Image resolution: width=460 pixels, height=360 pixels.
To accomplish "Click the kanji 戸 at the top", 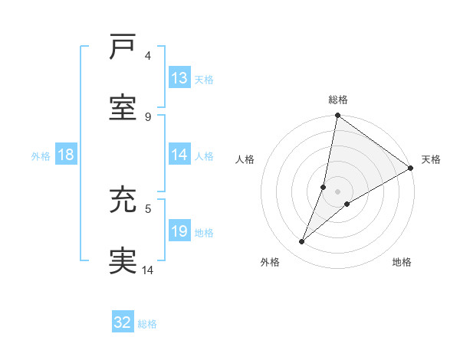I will (123, 47).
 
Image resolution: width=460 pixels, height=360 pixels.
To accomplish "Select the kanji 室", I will (123, 108).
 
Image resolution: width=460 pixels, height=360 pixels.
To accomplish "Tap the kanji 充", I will (123, 201).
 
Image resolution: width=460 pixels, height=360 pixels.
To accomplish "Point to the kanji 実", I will (123, 260).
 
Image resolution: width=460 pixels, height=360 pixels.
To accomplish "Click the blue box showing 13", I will (179, 78).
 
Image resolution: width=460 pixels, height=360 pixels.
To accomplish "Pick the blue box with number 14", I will (179, 155).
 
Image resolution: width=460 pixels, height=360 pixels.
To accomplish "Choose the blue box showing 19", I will (179, 232).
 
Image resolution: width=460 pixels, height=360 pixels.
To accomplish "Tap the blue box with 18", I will (66, 155).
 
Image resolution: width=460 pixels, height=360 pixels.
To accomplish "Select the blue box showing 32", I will (123, 322).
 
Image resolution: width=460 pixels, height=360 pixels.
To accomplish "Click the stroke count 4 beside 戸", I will (148, 55).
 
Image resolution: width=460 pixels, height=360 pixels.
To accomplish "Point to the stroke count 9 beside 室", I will (148, 116).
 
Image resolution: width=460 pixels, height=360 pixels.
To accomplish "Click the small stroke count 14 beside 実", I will (148, 270).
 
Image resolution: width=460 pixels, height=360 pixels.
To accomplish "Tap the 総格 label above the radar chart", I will (338, 100).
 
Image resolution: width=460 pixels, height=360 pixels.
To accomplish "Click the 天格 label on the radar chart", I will (431, 159).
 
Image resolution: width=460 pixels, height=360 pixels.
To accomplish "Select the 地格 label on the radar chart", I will (402, 262).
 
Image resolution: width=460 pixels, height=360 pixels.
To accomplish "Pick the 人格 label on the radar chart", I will (245, 159).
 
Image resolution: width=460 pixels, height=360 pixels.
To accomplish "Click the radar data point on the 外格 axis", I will (302, 242).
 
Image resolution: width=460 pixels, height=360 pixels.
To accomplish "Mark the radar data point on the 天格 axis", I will (411, 169).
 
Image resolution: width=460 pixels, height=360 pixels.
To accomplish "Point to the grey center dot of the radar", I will (338, 191).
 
